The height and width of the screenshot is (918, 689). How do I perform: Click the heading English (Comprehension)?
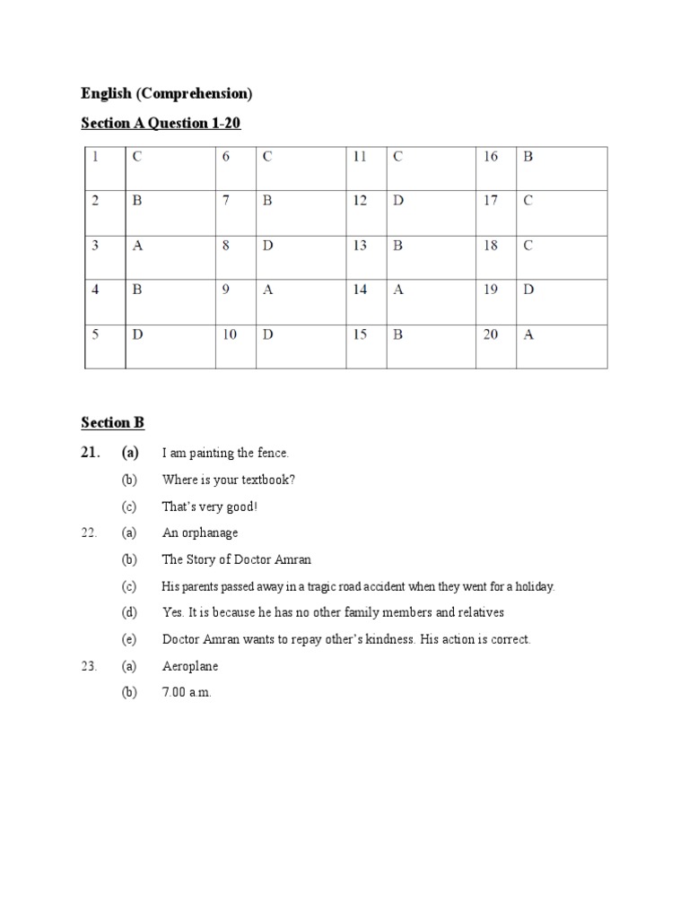pyautogui.click(x=167, y=93)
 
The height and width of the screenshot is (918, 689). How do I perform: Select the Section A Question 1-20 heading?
pyautogui.click(x=161, y=123)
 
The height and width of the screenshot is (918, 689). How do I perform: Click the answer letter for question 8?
pyautogui.click(x=267, y=246)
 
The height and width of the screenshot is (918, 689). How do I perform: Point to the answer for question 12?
pyautogui.click(x=398, y=201)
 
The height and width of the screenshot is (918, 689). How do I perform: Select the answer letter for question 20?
pyautogui.click(x=528, y=335)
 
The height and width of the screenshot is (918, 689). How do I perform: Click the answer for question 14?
pyautogui.click(x=398, y=290)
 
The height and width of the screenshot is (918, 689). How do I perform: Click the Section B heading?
pyautogui.click(x=112, y=423)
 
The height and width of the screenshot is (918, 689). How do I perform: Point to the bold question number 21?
pyautogui.click(x=89, y=453)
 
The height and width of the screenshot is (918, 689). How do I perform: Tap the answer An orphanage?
pyautogui.click(x=200, y=533)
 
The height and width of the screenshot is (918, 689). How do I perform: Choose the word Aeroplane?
pyautogui.click(x=190, y=667)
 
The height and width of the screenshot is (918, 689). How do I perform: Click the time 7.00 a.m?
pyautogui.click(x=187, y=694)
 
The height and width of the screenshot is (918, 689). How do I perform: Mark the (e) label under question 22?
pyautogui.click(x=129, y=640)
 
